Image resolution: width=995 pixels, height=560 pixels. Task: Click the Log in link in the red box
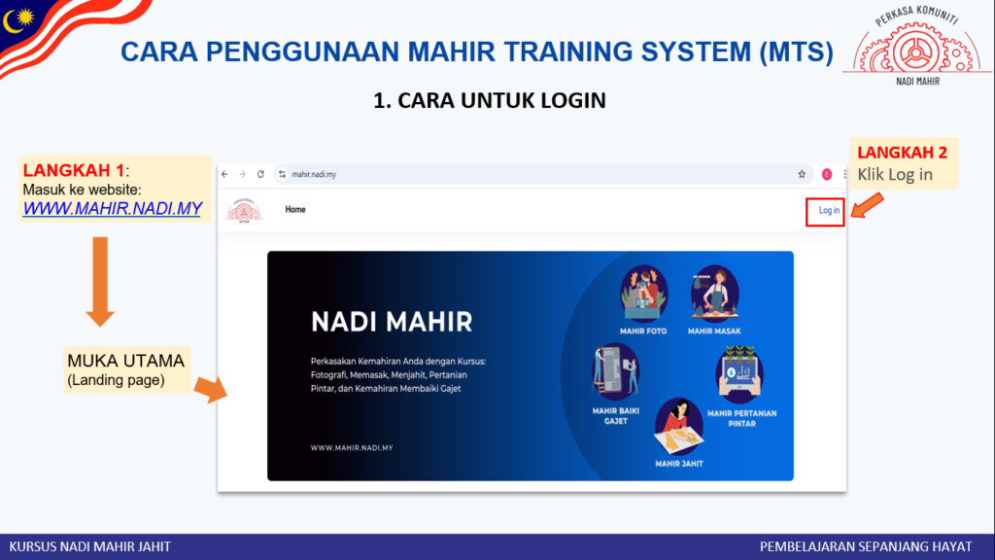829,210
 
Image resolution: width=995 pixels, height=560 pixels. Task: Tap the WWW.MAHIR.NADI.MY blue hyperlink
113,208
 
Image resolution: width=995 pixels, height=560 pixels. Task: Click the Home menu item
295,210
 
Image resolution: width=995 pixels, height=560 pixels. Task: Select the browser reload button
260,174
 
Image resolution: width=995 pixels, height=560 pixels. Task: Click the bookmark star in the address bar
802,174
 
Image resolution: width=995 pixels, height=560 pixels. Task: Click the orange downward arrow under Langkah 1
100,282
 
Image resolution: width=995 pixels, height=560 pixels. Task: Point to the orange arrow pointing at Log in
867,206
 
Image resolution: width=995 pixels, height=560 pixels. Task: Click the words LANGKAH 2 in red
902,153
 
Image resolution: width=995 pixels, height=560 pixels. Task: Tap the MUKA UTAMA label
125,361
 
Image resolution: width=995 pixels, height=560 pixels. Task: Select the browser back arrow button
225,174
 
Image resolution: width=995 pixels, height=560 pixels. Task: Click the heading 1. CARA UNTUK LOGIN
490,100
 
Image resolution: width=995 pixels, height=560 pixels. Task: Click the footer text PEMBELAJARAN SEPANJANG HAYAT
866,546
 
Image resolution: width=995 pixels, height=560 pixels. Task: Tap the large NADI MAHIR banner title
392,322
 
